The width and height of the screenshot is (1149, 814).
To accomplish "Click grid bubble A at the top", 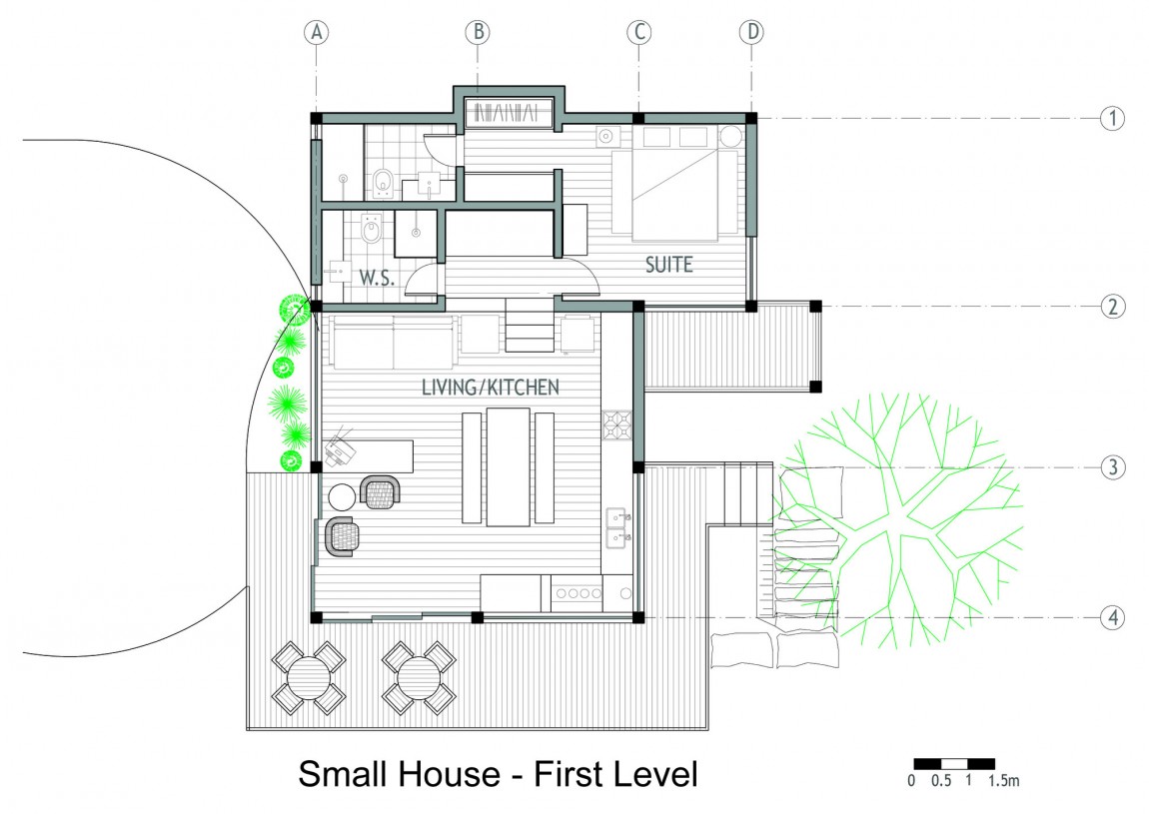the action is coord(317,32).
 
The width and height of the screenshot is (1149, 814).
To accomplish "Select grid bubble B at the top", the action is coord(478,32).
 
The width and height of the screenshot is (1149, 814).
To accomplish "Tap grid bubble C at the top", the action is coord(639,32).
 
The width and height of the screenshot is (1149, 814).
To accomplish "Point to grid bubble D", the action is coord(751,32).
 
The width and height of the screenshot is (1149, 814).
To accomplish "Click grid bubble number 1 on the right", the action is coord(1113,118).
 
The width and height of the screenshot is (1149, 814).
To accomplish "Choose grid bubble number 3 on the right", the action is coord(1113,467).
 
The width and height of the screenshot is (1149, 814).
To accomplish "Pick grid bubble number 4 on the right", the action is coord(1113,617).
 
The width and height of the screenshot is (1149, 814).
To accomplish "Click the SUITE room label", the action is coord(669,265).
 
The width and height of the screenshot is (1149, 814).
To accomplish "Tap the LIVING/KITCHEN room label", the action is coord(491,387).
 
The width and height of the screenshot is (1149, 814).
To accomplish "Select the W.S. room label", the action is coord(377,278).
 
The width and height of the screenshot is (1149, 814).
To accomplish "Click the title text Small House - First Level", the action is coord(499,774).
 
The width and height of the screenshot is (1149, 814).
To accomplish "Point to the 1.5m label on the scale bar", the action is coord(1003,781).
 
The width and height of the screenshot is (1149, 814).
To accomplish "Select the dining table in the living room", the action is coord(509,466).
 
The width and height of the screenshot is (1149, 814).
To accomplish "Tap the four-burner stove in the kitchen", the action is coord(617,424).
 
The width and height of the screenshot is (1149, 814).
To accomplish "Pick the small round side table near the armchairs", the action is coord(342,497).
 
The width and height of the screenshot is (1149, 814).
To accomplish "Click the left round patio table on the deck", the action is coord(309,678).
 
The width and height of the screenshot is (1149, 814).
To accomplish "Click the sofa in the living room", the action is coord(395,343).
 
